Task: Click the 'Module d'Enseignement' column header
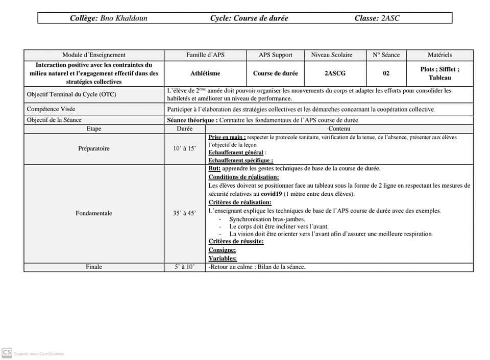[94, 55]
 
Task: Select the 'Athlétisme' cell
[205, 73]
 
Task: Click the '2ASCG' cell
[335, 73]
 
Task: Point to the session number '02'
[386, 73]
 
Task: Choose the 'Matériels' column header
[439, 55]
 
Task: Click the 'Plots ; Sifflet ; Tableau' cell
[439, 73]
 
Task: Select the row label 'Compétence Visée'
[51, 109]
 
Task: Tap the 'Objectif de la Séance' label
[54, 120]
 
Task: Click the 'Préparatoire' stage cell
[94, 149]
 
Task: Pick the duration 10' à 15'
[184, 149]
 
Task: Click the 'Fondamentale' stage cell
[94, 213]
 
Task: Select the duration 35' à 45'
[184, 213]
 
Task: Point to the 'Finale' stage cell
[94, 267]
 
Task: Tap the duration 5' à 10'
[184, 267]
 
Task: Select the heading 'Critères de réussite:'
[236, 242]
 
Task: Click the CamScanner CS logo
[7, 352]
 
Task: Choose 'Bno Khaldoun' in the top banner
[124, 18]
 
